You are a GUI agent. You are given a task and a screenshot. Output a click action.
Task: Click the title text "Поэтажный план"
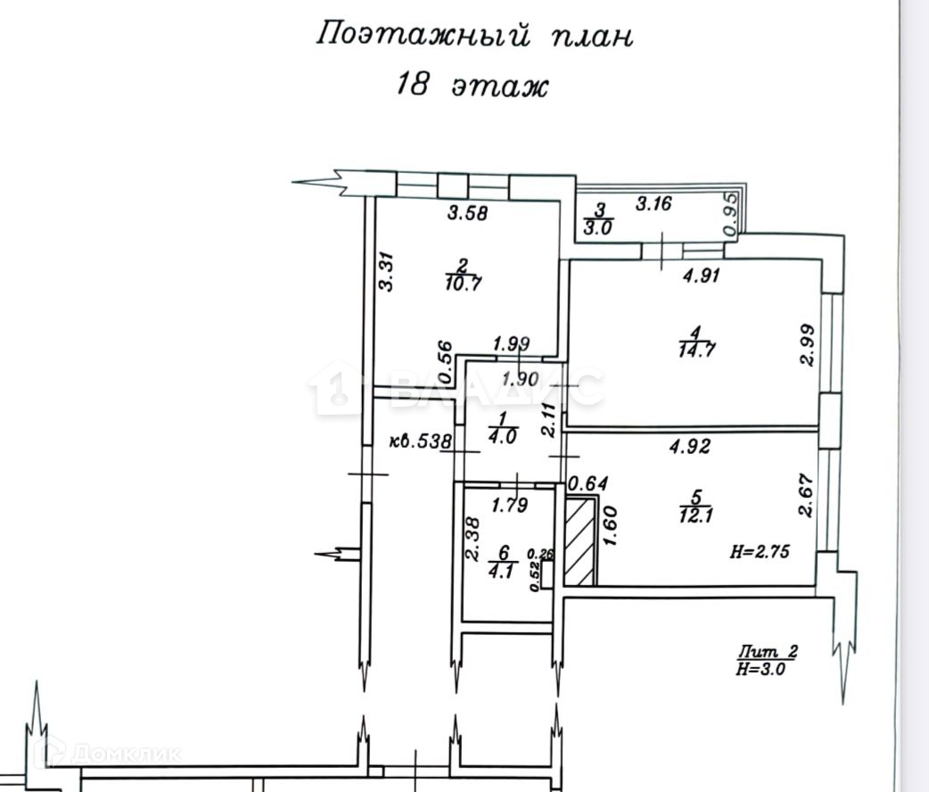pos(475,36)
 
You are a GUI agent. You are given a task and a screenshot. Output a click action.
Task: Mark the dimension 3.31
pos(385,270)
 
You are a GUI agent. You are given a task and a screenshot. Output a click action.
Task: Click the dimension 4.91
pos(701,276)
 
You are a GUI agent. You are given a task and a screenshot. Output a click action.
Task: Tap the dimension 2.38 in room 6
pos(473,540)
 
